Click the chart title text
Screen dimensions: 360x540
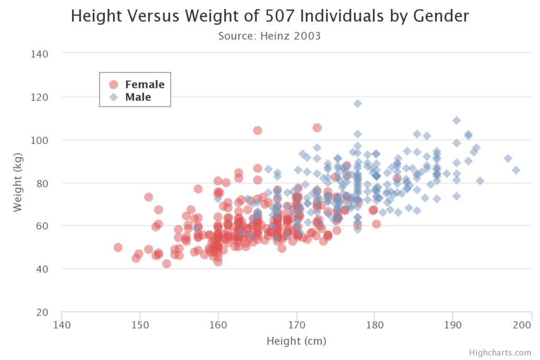269,16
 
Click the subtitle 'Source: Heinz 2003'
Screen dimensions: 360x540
269,36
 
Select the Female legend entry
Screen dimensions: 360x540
144,84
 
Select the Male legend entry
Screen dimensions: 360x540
138,97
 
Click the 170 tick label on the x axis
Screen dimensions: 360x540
296,325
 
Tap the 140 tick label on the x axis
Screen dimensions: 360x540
62,325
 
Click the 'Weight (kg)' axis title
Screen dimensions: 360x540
18,182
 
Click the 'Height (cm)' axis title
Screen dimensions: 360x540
296,341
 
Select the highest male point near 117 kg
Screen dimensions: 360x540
358,103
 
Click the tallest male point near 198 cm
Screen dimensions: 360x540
516,170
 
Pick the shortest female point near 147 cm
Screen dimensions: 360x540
118,247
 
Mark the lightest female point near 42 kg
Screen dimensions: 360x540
167,264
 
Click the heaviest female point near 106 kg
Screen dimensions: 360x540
317,128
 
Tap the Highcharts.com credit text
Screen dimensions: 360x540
499,353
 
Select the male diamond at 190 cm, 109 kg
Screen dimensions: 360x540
457,121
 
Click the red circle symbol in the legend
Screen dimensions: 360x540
113,84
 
